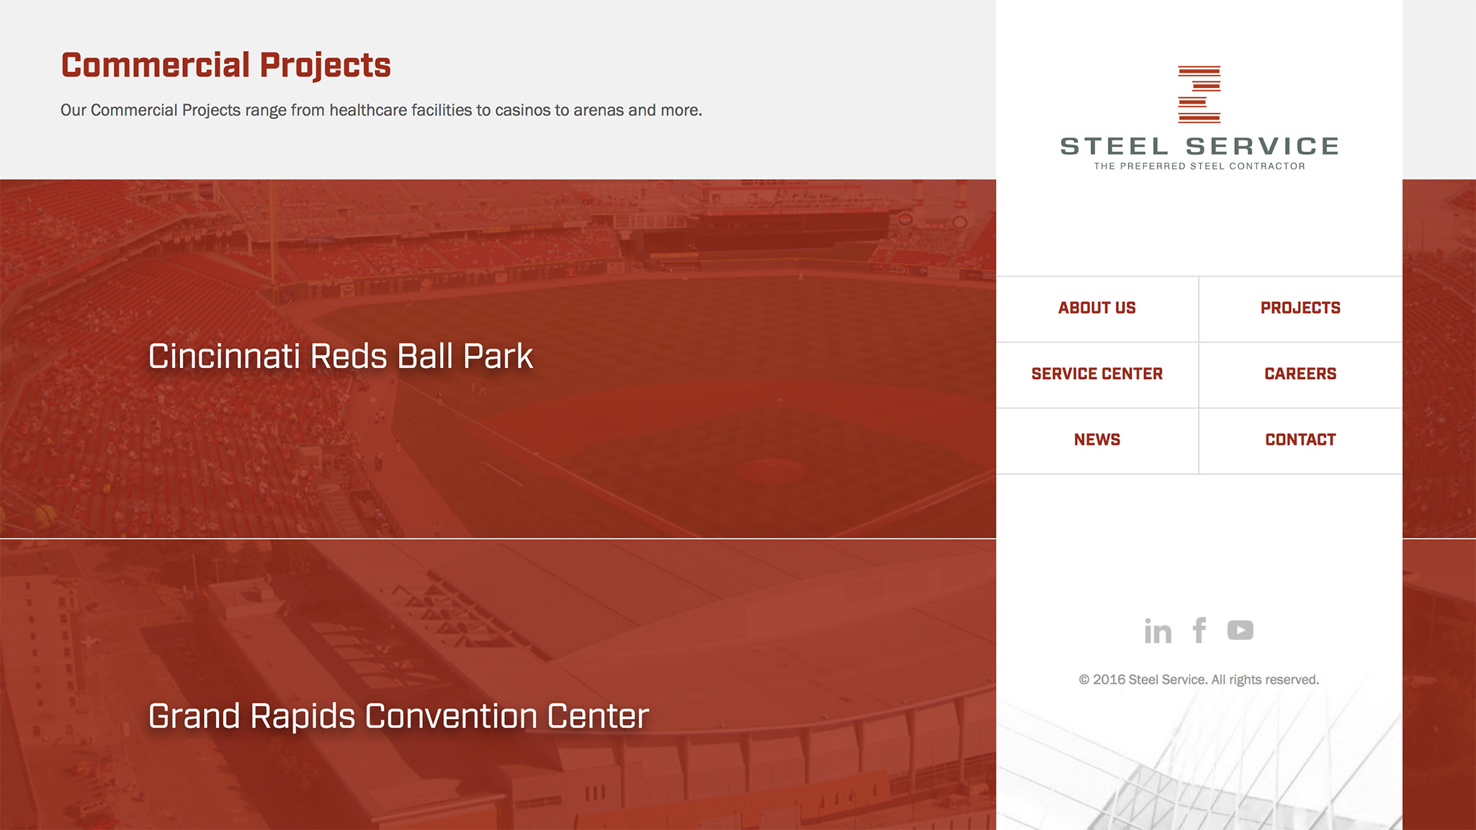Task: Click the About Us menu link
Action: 1096,308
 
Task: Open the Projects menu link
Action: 1300,308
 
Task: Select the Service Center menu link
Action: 1096,374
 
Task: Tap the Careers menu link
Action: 1300,374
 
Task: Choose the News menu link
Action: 1096,439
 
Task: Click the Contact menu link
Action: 1300,439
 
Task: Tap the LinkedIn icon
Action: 1158,630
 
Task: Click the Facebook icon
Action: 1199,630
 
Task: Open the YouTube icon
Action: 1240,630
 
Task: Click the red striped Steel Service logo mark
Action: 1199,94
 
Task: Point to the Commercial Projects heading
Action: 225,66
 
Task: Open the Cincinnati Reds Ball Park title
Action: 341,356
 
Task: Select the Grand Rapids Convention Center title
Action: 398,716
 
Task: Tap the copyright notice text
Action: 1199,679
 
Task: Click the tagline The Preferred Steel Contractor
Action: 1199,166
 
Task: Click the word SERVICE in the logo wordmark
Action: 1262,146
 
